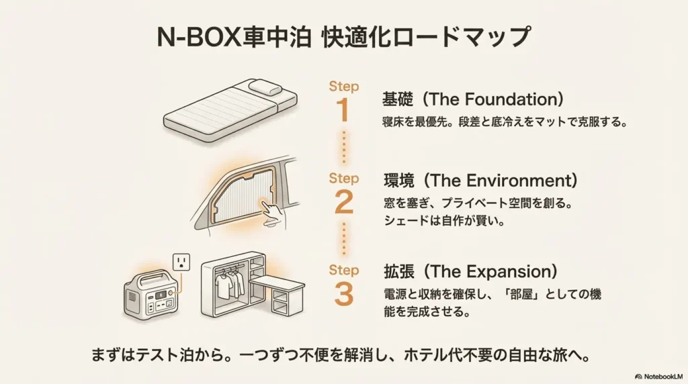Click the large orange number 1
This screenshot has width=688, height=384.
tap(343, 110)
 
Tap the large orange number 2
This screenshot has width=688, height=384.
tap(343, 202)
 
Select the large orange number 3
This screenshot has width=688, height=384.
tap(343, 293)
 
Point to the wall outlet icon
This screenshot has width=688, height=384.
tap(182, 262)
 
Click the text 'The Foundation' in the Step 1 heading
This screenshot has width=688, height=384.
tap(494, 99)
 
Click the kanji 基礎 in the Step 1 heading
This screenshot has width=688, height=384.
tap(398, 99)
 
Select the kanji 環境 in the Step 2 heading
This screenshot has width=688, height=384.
tap(398, 181)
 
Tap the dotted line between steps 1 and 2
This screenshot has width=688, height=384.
tap(343, 148)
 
